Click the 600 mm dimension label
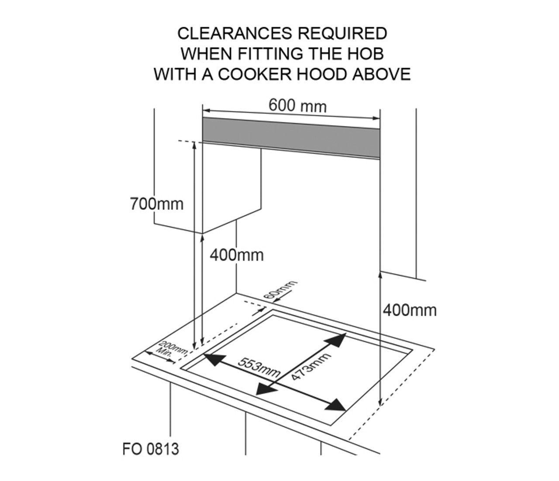coord(297,106)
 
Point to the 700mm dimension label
coord(157,204)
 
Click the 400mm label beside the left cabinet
coord(237,255)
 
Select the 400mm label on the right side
coord(410,310)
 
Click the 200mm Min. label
coord(171,350)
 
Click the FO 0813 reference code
coord(151,449)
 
